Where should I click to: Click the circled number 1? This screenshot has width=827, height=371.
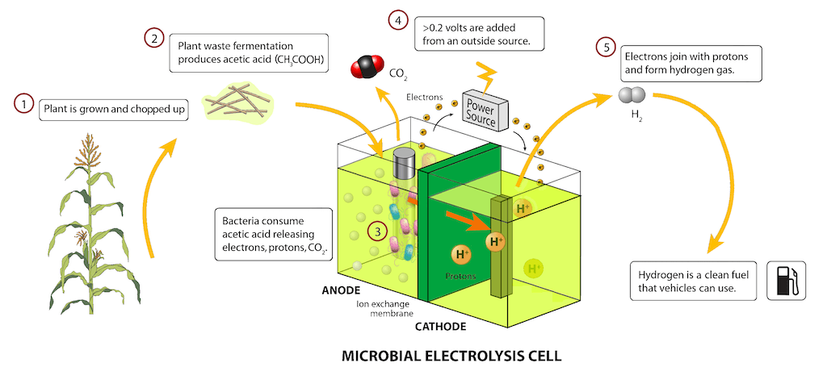pos(25,104)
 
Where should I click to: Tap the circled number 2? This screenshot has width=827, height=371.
pos(153,38)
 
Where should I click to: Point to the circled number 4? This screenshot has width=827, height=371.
pos(397,19)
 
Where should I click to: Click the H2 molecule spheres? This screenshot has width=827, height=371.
pos(631,96)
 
